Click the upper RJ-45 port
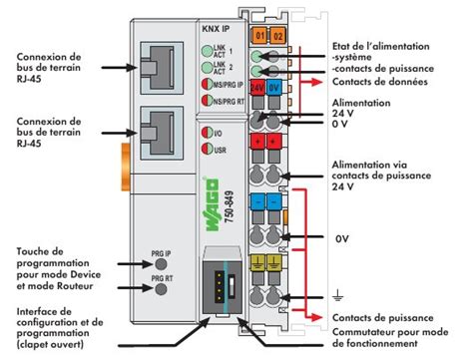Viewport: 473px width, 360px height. [162, 68]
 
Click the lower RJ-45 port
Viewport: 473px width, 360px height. [162, 133]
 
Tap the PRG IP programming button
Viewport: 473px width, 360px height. [161, 264]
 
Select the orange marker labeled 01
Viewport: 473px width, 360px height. [260, 35]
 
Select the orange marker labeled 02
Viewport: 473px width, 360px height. [277, 35]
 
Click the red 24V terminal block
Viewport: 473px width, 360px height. [257, 88]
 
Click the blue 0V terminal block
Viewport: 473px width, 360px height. [273, 88]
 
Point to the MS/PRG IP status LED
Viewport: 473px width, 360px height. [208, 84]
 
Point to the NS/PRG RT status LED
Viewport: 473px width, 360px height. [208, 100]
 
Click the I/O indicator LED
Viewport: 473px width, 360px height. [208, 133]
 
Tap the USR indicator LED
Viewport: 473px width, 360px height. [208, 149]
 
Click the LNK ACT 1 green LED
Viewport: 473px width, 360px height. [208, 51]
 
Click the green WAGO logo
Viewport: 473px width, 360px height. [212, 204]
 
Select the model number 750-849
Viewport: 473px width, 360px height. [229, 206]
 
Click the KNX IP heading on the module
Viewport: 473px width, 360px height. [216, 29]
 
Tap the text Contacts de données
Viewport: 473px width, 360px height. [380, 82]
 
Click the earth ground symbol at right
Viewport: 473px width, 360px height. [337, 295]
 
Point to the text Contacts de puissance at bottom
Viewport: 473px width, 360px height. [383, 318]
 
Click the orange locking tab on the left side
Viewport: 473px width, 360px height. [126, 167]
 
